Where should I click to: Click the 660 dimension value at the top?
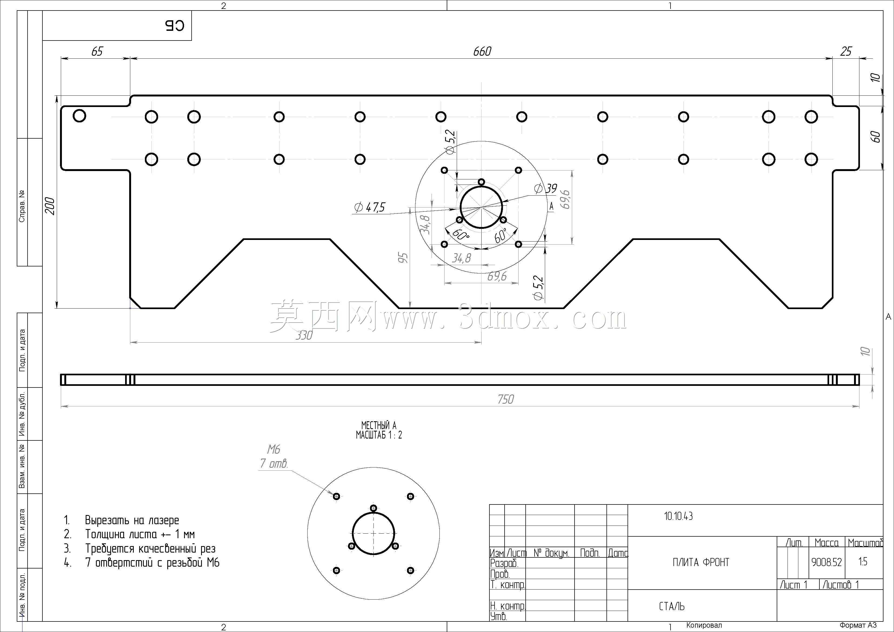click(x=482, y=51)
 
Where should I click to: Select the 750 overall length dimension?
click(x=505, y=399)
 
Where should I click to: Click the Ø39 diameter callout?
click(x=546, y=189)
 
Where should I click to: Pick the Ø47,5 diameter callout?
click(x=369, y=207)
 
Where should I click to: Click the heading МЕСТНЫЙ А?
click(x=378, y=425)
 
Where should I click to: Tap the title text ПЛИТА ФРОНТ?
click(x=701, y=562)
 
